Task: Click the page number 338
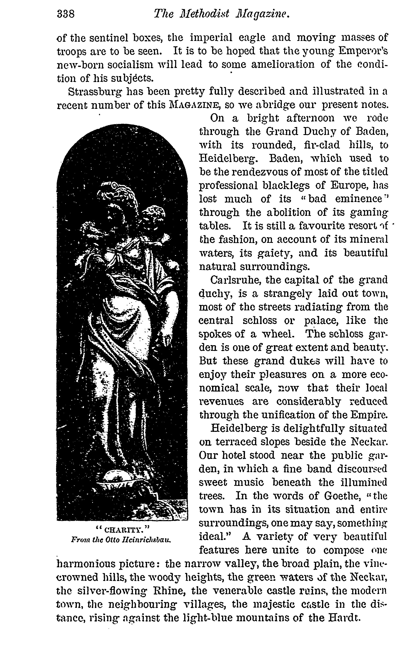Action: [66, 14]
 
